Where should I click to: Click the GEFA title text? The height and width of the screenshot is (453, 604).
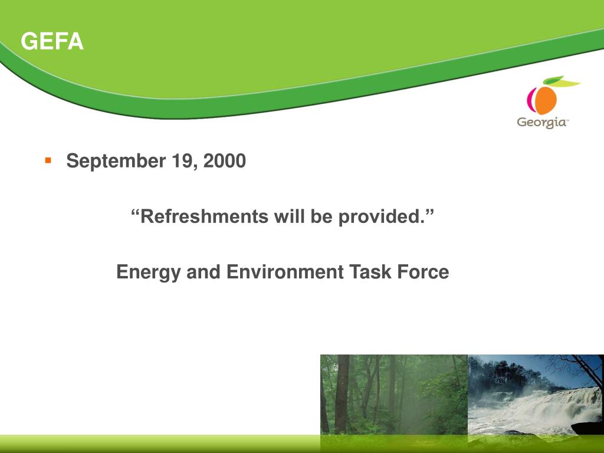point(52,41)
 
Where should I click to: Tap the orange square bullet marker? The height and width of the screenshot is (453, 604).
point(48,160)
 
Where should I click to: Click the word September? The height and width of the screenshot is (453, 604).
point(116,161)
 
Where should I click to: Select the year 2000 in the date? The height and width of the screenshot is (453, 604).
point(225,160)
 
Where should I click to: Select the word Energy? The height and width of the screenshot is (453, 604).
point(148,273)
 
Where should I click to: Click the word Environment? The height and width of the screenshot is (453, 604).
point(285,272)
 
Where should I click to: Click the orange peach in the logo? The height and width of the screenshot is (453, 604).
point(544,100)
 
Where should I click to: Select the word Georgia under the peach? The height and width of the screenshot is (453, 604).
point(542,123)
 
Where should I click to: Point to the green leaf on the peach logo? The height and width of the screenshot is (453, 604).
point(553,80)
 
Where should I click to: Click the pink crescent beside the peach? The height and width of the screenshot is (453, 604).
point(531,99)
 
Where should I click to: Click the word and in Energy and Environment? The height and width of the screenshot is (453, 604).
point(203,272)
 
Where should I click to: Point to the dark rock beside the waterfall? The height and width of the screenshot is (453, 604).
point(587,428)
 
